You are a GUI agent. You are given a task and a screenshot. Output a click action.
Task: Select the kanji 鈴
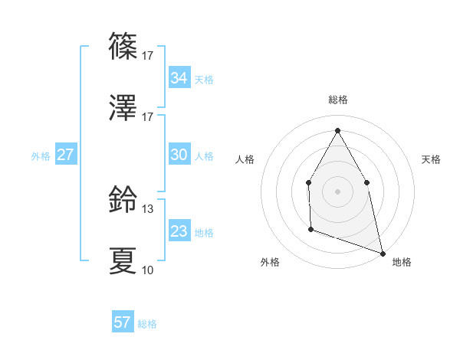point(123,199)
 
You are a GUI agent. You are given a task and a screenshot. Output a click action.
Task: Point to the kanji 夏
point(123,260)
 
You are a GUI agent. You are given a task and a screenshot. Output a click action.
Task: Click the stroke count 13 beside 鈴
point(148,208)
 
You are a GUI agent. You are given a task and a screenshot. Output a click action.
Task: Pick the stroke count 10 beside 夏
point(148,270)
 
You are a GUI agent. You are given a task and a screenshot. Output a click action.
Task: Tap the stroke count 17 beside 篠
point(148,55)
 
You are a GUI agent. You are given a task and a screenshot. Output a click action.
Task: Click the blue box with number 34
point(179,78)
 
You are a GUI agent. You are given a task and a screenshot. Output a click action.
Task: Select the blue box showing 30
point(179,155)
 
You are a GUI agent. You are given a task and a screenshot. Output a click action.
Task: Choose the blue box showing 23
point(179,231)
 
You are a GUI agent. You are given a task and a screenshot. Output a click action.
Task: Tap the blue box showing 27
point(65,155)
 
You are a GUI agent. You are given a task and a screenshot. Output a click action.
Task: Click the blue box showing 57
point(122,322)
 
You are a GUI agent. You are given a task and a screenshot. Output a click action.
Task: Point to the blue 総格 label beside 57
point(147,324)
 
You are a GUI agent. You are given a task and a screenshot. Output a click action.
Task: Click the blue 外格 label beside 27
point(41,156)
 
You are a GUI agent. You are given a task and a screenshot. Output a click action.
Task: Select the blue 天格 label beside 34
point(204,80)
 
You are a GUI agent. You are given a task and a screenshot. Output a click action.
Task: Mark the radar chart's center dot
point(337,191)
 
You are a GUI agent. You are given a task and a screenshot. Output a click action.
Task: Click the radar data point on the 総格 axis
point(337,130)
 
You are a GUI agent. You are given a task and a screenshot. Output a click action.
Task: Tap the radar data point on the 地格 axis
point(382,252)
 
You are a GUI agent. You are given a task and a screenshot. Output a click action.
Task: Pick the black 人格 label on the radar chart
point(245,159)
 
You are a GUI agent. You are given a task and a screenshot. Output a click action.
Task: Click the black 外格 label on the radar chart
point(269,262)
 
